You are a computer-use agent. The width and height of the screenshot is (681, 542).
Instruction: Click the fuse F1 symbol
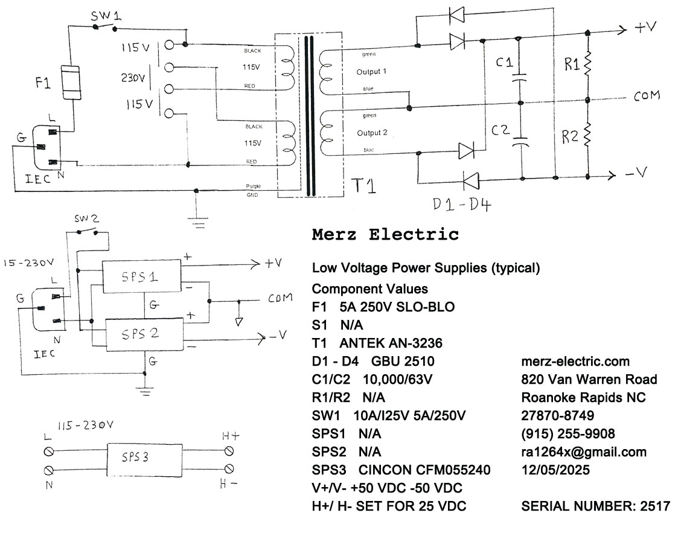(74, 83)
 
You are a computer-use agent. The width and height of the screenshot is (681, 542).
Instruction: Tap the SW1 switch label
(106, 17)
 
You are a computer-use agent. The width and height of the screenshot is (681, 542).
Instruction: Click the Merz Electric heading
(385, 235)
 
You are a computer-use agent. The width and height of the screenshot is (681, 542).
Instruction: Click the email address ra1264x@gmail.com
(583, 452)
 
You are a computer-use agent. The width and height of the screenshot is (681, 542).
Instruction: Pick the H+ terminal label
(232, 436)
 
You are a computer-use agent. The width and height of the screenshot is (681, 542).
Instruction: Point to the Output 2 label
(372, 133)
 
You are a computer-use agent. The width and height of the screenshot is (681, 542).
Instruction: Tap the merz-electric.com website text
(575, 362)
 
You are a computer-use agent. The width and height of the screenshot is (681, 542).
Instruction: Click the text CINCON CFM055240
(424, 470)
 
